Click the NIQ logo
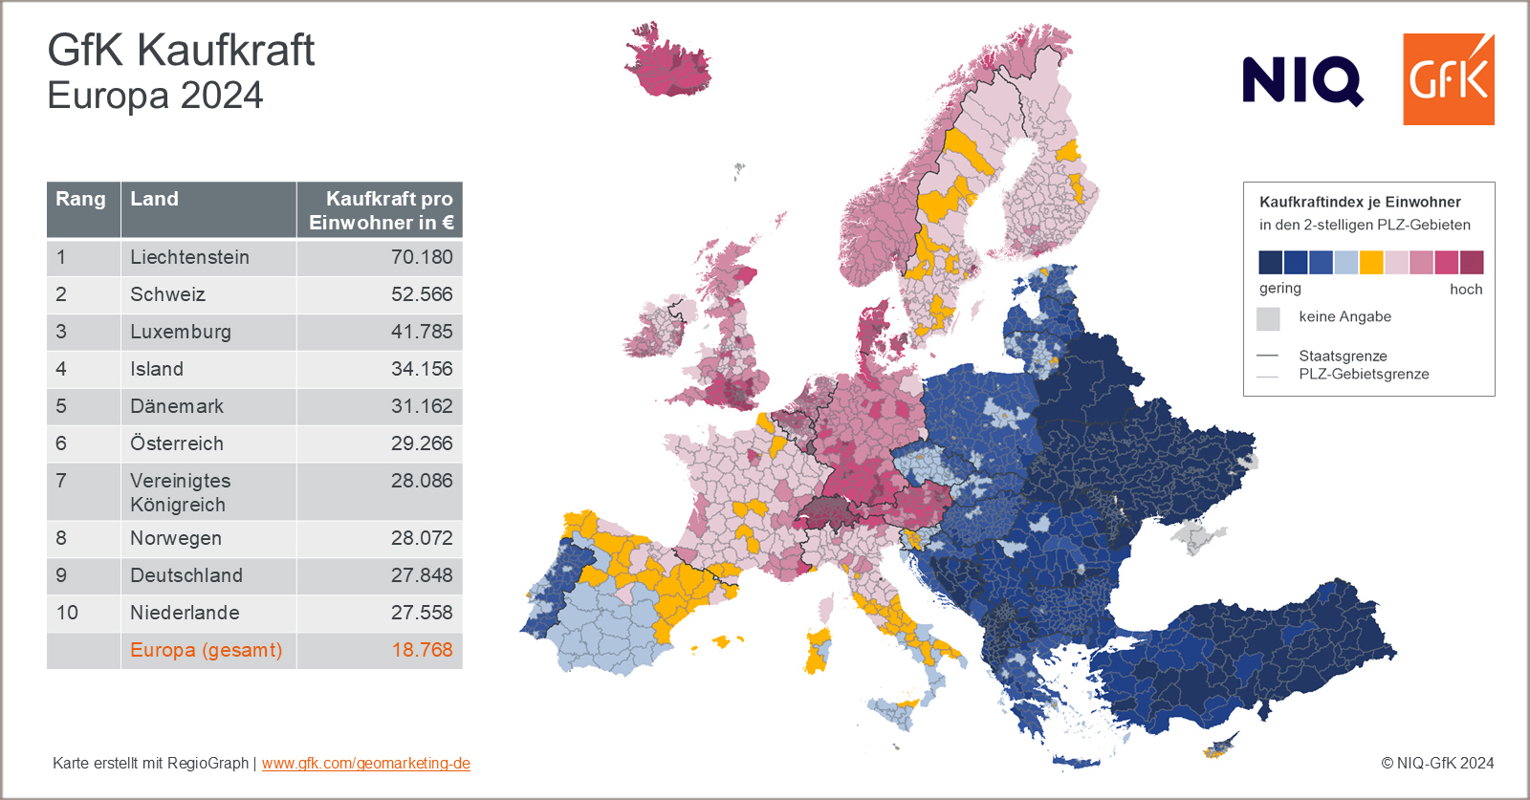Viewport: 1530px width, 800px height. [x=1301, y=80]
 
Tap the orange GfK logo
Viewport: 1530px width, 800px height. [x=1448, y=79]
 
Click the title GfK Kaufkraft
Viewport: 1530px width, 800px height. [x=181, y=50]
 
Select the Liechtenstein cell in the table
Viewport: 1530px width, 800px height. [x=189, y=257]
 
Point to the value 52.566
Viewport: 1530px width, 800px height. [x=421, y=294]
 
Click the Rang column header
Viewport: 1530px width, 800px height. [x=80, y=199]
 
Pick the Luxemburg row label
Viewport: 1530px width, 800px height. [x=181, y=332]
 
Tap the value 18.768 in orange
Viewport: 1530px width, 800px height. [x=422, y=650]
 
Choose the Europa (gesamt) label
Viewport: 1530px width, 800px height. [x=206, y=650]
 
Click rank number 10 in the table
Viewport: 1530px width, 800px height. [x=67, y=613]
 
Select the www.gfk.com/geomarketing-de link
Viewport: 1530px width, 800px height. [x=365, y=763]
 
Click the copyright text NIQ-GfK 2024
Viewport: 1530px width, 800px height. [x=1437, y=763]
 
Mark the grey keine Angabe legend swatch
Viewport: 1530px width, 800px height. [x=1268, y=318]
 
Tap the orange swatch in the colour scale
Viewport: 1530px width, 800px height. [x=1371, y=262]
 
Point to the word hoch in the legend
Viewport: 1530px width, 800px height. [x=1465, y=289]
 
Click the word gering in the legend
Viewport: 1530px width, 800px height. [x=1279, y=288]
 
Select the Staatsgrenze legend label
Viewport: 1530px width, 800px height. [x=1343, y=356]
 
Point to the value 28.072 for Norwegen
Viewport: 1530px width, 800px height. [x=421, y=538]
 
